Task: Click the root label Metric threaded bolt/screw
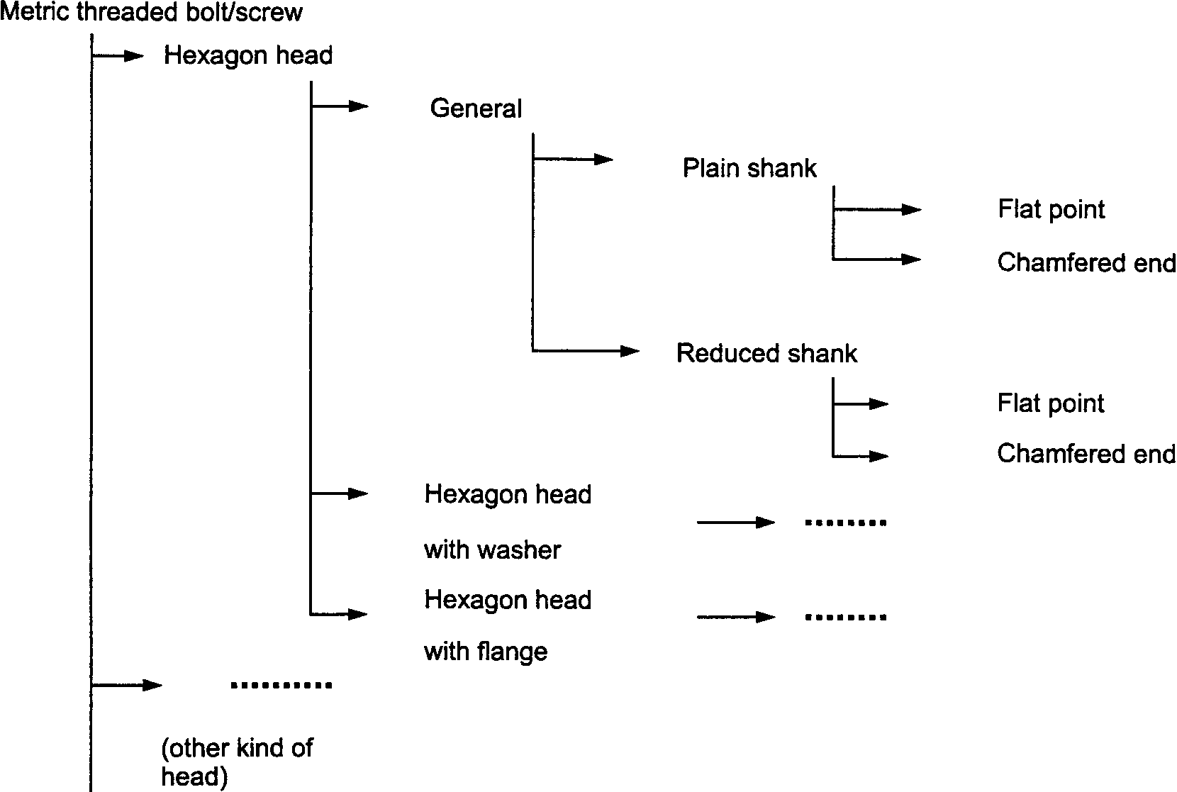pos(151,12)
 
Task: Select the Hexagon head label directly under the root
pos(248,56)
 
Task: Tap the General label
pos(476,108)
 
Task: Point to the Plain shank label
pos(749,168)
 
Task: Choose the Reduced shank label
pos(766,352)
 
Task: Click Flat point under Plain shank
pos(1052,209)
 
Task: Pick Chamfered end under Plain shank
pos(1087,262)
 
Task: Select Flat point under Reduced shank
pos(1051,403)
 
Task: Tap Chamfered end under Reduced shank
pos(1087,453)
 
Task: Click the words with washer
pos(492,550)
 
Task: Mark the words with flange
pos(486,652)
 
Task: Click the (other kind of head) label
pos(237,762)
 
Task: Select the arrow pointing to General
pos(340,106)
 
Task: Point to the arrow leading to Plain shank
pos(574,159)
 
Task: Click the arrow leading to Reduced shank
pos(586,350)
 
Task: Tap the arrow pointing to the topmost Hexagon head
pos(117,56)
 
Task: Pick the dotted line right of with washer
pos(845,523)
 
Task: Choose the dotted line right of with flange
pos(845,617)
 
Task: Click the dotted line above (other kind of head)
pos(281,685)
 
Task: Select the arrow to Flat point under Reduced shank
pos(861,403)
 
